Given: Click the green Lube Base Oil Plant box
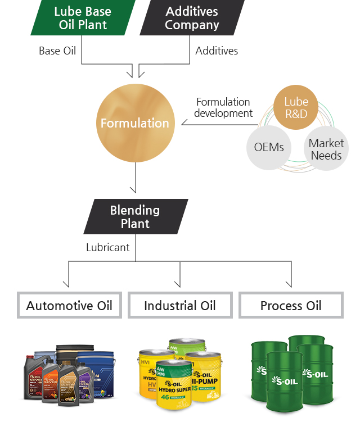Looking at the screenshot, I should point(83,18).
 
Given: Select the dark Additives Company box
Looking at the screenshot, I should point(192,18).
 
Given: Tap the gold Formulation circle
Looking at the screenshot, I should point(135,123).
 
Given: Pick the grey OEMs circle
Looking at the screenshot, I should point(269,147).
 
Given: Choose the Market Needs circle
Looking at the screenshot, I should point(326,149).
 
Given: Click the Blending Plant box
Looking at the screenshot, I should point(135,217).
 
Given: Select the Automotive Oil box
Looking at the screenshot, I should point(69,306).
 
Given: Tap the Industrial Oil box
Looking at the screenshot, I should point(180,306).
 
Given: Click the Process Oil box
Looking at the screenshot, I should point(291,306).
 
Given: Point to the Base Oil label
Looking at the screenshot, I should point(57,51).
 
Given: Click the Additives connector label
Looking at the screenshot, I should point(217,51).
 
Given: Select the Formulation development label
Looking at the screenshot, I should point(223,107).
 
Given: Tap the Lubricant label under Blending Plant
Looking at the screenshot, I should point(108,247).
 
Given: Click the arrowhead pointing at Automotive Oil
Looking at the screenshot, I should point(69,284).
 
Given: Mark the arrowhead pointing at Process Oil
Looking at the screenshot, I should point(291,284).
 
